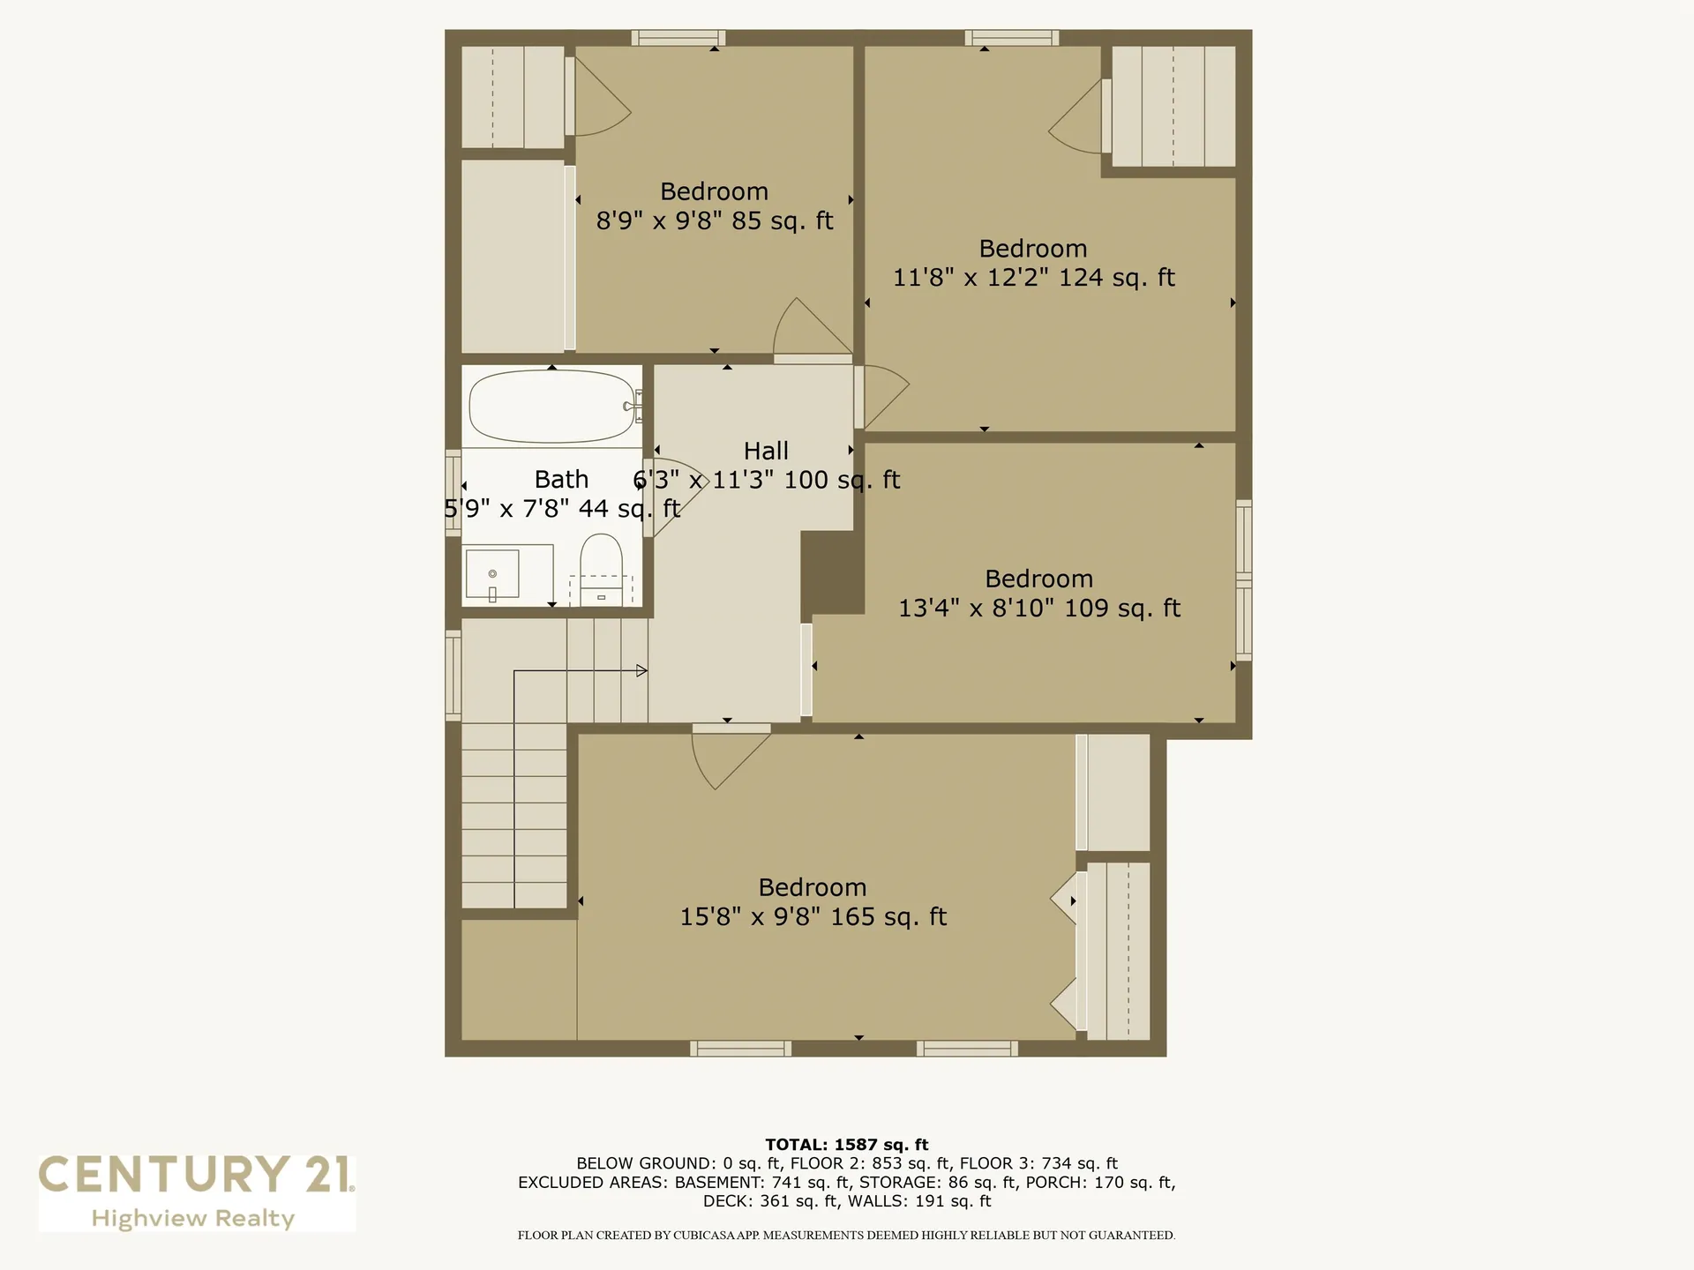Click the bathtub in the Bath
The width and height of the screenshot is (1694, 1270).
click(552, 407)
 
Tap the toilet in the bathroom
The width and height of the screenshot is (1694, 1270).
click(601, 569)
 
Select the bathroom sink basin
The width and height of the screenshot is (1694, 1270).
click(492, 574)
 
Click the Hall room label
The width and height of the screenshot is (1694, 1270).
click(766, 451)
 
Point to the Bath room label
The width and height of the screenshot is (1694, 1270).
click(561, 479)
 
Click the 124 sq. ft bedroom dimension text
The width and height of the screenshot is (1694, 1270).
click(1034, 278)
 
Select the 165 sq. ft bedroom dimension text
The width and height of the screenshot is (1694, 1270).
click(813, 917)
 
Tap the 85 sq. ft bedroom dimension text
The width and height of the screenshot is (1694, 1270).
click(715, 220)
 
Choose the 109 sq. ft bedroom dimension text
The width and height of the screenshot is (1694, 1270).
click(1039, 609)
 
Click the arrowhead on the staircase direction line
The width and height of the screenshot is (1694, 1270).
click(642, 671)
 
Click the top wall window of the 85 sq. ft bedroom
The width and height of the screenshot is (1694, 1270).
click(678, 38)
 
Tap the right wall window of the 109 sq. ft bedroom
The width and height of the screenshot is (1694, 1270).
click(1244, 579)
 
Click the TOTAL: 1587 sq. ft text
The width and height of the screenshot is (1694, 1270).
click(847, 1145)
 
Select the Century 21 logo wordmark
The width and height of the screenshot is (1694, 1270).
click(196, 1175)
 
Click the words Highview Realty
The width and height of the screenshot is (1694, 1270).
click(193, 1219)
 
